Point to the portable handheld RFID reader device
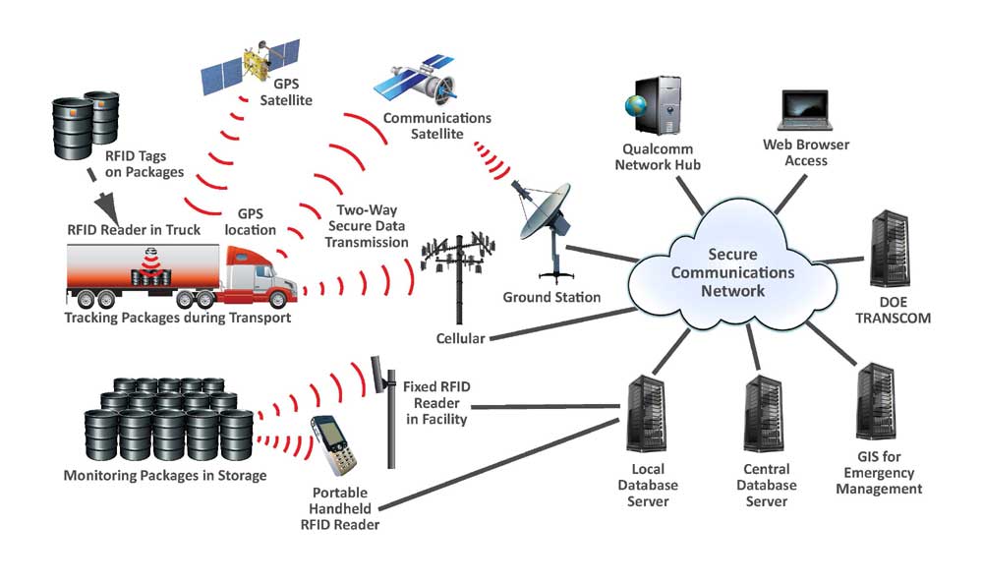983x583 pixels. pos(334,445)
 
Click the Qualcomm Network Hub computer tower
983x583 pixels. pos(660,105)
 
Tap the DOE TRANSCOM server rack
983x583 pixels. pos(890,250)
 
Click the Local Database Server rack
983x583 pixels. pos(647,414)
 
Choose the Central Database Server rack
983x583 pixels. pos(764,414)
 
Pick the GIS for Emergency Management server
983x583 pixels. pos(876,402)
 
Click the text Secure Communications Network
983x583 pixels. pos(732,272)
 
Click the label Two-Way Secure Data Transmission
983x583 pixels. pos(366,226)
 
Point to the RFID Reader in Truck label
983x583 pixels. pos(134,230)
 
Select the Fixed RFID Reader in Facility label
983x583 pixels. pos(436,403)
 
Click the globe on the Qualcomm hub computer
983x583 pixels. pos(635,104)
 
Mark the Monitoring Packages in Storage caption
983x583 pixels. pos(165,476)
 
